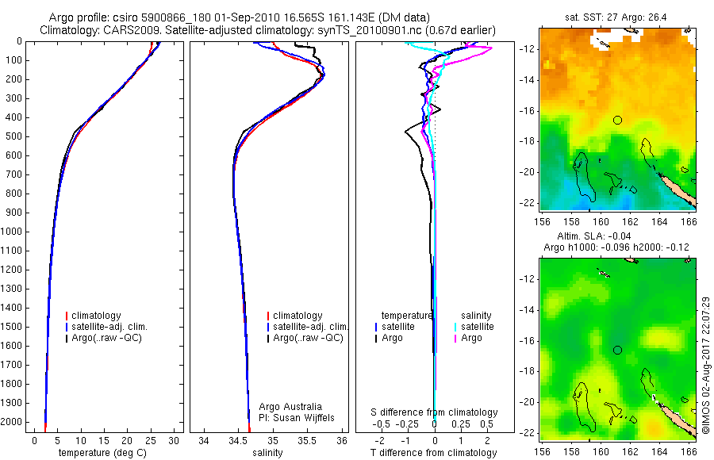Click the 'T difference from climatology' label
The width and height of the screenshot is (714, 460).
pos(434,453)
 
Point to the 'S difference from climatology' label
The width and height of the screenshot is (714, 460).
pos(434,412)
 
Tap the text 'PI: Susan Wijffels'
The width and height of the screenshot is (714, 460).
pos(298,417)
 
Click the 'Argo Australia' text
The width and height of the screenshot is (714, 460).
pos(290,406)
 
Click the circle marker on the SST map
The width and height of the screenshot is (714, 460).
pos(617,120)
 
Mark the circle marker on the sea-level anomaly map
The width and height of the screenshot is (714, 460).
pos(617,350)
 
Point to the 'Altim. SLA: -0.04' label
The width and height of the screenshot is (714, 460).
pos(616,237)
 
